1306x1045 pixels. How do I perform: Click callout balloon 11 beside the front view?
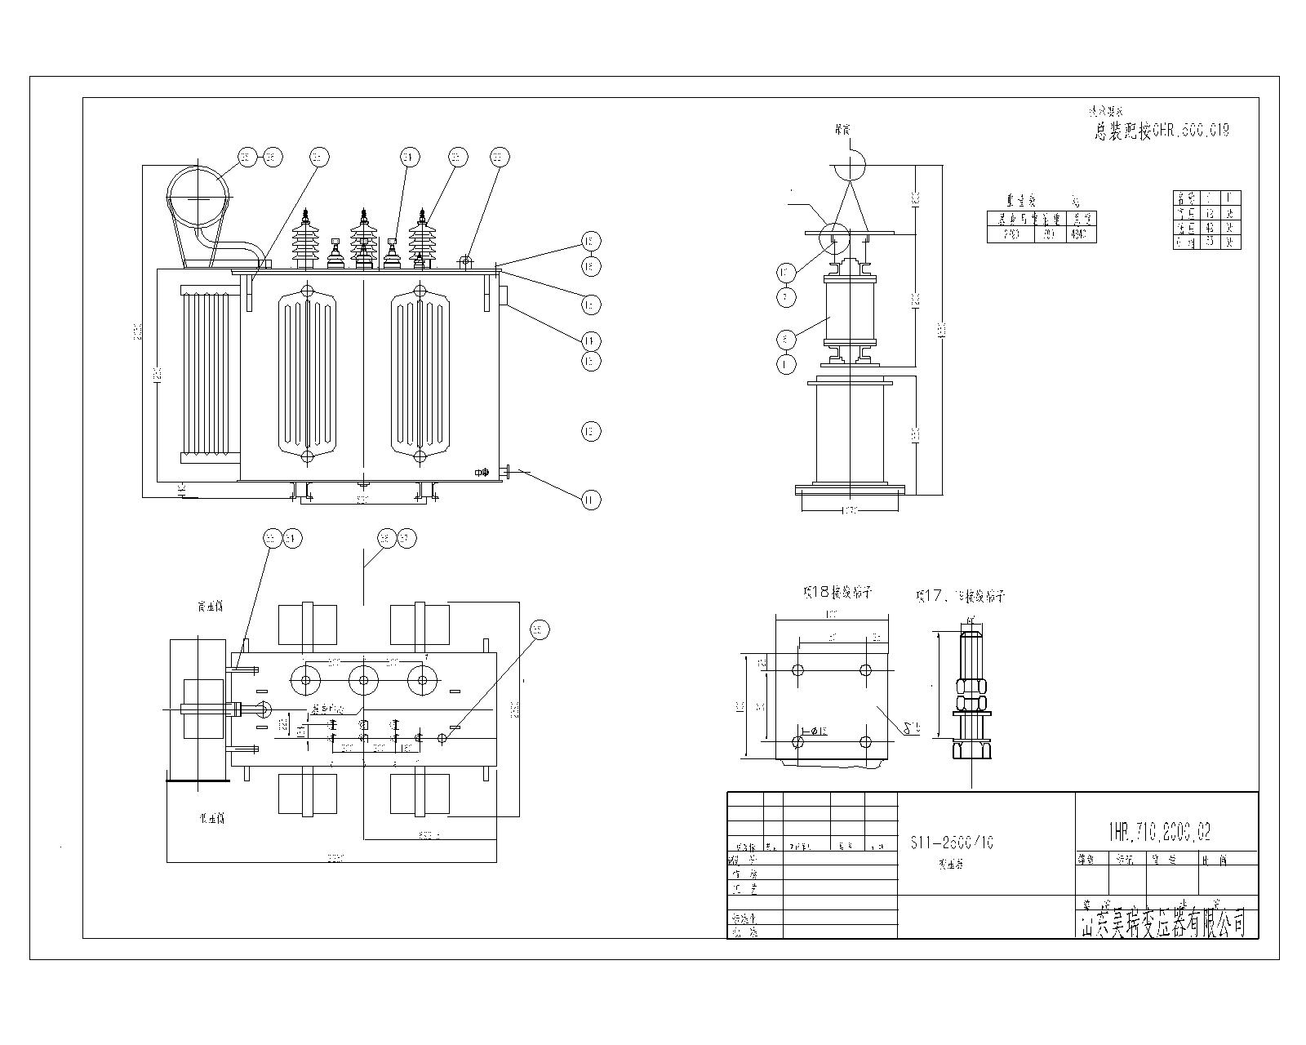pos(591,500)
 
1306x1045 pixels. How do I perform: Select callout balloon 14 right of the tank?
pos(591,340)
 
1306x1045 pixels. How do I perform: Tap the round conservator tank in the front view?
pos(198,197)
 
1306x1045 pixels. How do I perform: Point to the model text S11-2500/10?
pos(951,843)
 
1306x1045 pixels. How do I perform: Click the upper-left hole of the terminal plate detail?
pos(798,669)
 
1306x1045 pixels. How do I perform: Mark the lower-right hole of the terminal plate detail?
pos(866,742)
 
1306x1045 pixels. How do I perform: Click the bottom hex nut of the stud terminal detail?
pos(971,748)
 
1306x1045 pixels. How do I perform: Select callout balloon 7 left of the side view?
pos(785,296)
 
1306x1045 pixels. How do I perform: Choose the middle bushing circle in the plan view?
pos(362,679)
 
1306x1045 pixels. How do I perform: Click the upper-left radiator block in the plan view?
pos(307,625)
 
